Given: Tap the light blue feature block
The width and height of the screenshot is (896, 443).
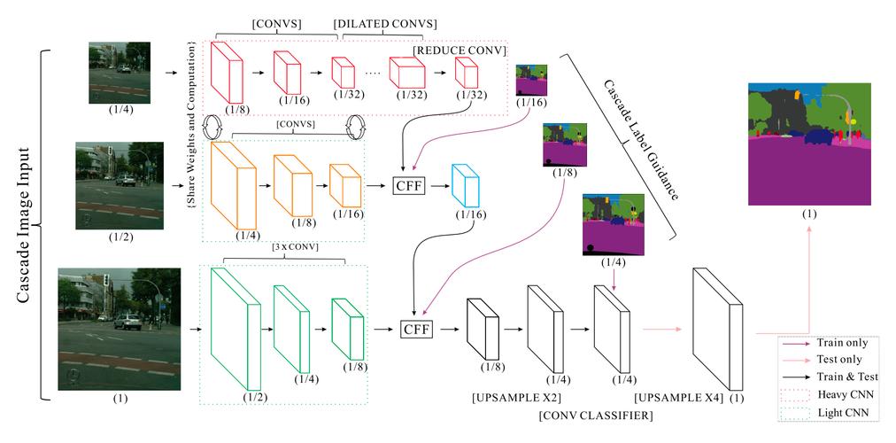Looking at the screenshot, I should (464, 187).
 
